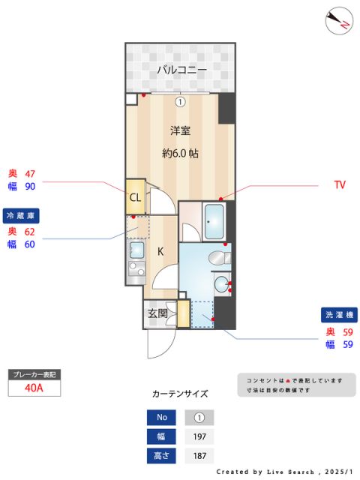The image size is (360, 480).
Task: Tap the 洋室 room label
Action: [x=180, y=130]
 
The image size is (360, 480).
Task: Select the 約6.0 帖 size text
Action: [x=180, y=153]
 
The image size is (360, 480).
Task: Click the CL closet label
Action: [x=135, y=197]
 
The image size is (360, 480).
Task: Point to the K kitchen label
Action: [x=160, y=251]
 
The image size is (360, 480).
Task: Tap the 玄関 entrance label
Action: [x=157, y=313]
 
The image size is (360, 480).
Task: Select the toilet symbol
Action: [x=217, y=258]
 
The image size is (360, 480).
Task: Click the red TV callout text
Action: [x=340, y=184]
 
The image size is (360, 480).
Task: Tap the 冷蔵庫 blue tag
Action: [x=21, y=215]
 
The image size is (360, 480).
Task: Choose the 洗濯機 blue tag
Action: [x=338, y=314]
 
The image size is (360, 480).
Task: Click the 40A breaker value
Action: [x=33, y=388]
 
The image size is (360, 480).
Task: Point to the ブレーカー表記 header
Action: [x=33, y=373]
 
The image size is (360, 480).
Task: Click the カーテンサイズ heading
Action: [x=179, y=393]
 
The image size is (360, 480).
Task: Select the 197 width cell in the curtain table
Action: [x=199, y=436]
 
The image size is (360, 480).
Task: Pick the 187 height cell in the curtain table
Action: [x=199, y=455]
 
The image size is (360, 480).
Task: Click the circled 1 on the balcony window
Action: [x=180, y=101]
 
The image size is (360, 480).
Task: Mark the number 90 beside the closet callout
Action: [x=31, y=187]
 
